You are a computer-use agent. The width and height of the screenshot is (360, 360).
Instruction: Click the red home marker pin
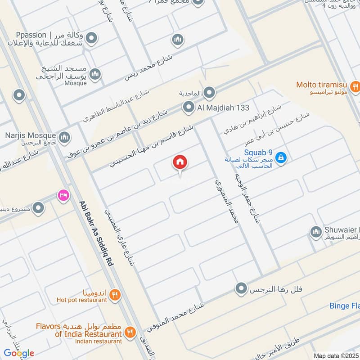tap(180, 162)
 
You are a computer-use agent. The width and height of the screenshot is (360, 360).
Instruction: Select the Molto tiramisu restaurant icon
tap(355, 85)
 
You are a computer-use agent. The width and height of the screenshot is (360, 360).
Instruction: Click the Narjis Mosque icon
tap(64, 136)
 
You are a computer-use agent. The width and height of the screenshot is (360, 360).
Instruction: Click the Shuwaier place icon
tap(315, 232)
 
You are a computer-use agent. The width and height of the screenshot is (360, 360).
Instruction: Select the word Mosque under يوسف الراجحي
tap(75, 83)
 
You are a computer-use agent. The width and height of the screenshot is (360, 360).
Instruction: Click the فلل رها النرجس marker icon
tap(242, 288)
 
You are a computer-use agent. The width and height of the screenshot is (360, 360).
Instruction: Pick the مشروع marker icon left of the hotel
tap(39, 207)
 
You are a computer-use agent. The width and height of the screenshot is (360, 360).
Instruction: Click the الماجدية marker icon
tap(209, 93)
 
